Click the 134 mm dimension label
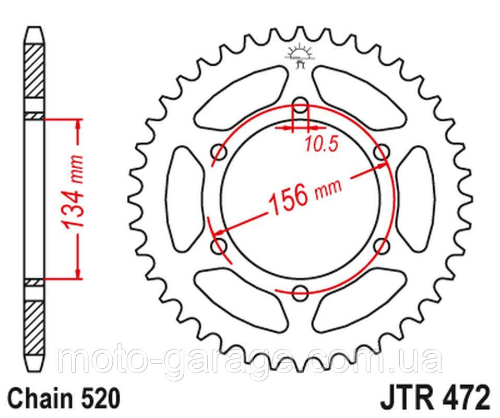click(73, 193)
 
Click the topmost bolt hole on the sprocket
click(300, 103)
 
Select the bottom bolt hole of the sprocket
click(300, 293)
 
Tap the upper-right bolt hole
click(383, 152)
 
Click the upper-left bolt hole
click(218, 152)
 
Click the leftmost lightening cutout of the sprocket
click(183, 199)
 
